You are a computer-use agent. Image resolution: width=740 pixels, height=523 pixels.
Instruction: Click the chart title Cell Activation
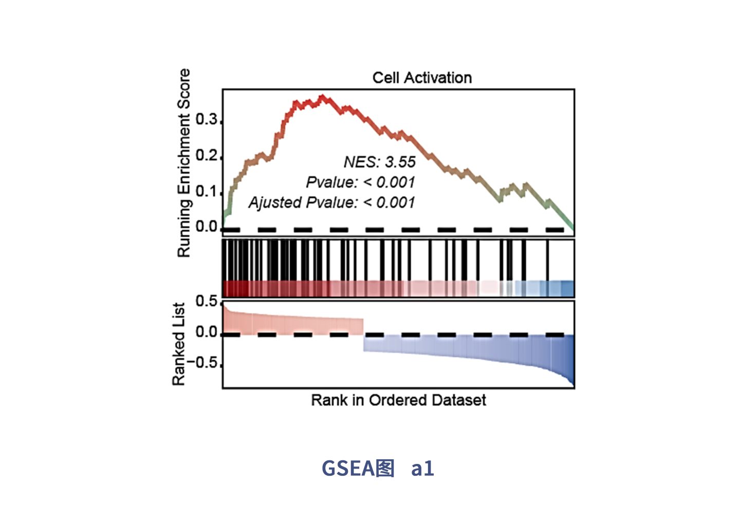pos(422,78)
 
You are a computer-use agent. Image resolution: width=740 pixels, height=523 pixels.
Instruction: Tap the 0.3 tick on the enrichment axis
pos(207,120)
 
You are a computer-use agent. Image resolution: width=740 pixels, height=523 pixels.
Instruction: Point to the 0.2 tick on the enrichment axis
pos(207,156)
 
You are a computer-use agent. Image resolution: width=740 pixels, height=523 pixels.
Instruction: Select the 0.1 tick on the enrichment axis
pos(207,192)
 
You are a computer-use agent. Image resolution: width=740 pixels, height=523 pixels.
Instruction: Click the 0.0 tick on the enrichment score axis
pos(207,227)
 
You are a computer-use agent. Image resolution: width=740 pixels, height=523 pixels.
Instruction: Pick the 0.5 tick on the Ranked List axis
pos(207,302)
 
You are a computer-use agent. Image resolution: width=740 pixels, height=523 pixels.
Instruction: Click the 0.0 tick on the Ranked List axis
pos(207,333)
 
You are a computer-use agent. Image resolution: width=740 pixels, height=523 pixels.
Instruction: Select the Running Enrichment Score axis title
pos(183,163)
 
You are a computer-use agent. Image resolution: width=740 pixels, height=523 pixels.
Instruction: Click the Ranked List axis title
pos(178,344)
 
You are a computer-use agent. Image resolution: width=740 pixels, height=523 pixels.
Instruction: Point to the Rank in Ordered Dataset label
pos(398,400)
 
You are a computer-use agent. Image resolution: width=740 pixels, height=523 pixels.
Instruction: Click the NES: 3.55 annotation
pos(379,162)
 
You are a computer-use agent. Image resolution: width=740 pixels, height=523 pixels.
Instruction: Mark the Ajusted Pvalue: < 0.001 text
pos(331,202)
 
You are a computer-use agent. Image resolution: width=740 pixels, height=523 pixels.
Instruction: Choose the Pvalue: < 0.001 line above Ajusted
pos(360,182)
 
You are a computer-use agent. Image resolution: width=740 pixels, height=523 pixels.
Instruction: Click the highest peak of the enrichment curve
pos(322,97)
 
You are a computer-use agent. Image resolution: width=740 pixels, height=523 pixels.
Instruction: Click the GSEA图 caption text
pos(358,468)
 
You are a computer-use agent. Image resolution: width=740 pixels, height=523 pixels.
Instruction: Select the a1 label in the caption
pos(422,468)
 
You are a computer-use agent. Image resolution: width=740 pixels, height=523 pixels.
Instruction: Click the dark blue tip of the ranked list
pos(571,378)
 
